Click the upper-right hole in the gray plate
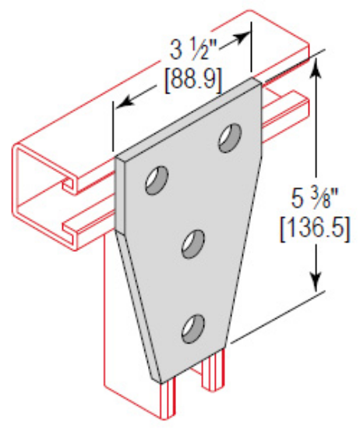[x=229, y=137]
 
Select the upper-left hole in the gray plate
[x=155, y=181]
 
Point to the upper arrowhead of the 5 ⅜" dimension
[x=316, y=66]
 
